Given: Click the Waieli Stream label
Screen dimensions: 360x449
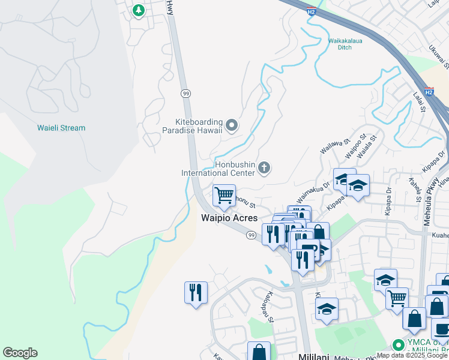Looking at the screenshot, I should pyautogui.click(x=61, y=128).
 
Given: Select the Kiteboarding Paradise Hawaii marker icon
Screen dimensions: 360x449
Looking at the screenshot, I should pyautogui.click(x=232, y=125).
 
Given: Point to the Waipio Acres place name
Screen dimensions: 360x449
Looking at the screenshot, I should pyautogui.click(x=228, y=218).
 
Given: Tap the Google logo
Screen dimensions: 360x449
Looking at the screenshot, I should pyautogui.click(x=20, y=353).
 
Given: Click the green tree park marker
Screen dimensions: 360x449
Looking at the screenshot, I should pyautogui.click(x=139, y=10).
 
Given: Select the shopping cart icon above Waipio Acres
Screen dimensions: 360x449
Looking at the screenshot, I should pyautogui.click(x=224, y=195).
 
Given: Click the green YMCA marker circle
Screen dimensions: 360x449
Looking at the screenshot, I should pyautogui.click(x=397, y=345).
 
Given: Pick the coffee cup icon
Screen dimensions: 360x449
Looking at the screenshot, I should pyautogui.click(x=441, y=329).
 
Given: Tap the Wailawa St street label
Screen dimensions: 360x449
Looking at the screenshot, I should pyautogui.click(x=335, y=146).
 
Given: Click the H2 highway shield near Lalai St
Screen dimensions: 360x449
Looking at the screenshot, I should pyautogui.click(x=429, y=92).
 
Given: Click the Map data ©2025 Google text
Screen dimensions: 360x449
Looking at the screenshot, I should pyautogui.click(x=412, y=355).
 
